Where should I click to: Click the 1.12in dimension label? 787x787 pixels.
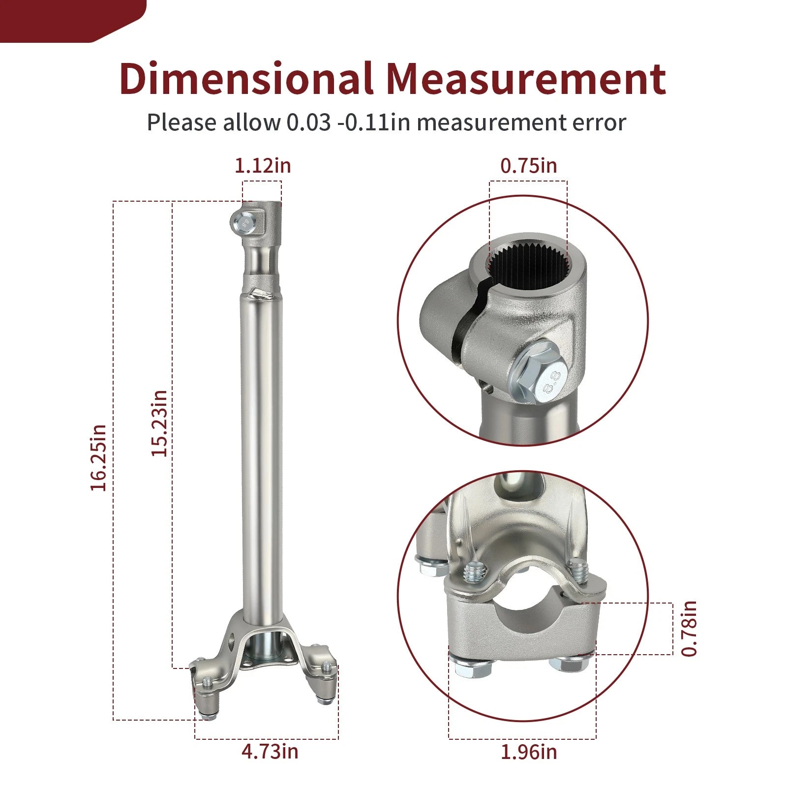click(263, 166)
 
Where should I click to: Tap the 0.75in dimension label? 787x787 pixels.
click(529, 166)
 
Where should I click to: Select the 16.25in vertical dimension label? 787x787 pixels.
click(98, 457)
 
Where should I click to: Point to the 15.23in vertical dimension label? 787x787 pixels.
click(159, 424)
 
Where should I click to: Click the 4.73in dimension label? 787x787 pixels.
click(270, 751)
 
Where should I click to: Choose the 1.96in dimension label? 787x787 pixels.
click(529, 752)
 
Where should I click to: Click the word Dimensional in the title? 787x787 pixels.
click(245, 79)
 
